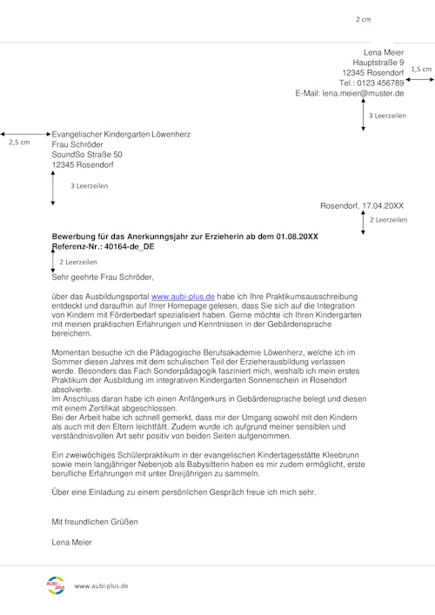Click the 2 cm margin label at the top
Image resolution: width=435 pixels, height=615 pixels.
click(x=363, y=18)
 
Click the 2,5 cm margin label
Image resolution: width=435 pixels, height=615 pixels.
click(x=18, y=142)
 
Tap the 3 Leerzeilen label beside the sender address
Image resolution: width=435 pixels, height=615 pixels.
click(x=388, y=115)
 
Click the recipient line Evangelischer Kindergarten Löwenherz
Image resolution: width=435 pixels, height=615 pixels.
click(x=121, y=135)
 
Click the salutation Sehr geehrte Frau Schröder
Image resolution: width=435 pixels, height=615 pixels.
click(x=103, y=277)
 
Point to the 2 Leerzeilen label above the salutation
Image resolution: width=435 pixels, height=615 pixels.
click(x=78, y=262)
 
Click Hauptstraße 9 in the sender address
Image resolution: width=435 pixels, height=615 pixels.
click(x=372, y=64)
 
